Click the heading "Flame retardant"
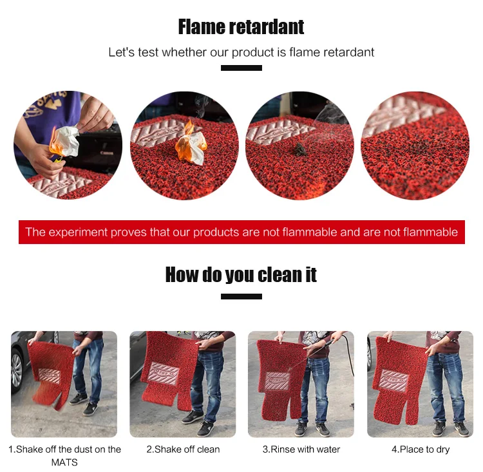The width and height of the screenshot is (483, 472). click(x=241, y=27)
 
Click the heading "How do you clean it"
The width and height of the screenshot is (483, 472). click(x=241, y=275)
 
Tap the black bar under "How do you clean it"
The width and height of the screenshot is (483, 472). click(x=241, y=297)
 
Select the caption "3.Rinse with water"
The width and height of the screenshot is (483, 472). click(x=301, y=449)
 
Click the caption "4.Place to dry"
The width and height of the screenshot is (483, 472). click(x=421, y=449)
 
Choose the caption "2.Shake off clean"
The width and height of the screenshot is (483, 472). click(x=183, y=449)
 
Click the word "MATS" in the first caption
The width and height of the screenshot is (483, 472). click(x=64, y=462)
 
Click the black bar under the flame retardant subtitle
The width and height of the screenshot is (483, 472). click(x=241, y=68)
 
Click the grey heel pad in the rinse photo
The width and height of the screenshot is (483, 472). click(x=278, y=381)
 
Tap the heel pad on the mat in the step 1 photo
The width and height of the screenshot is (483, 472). click(x=50, y=375)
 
